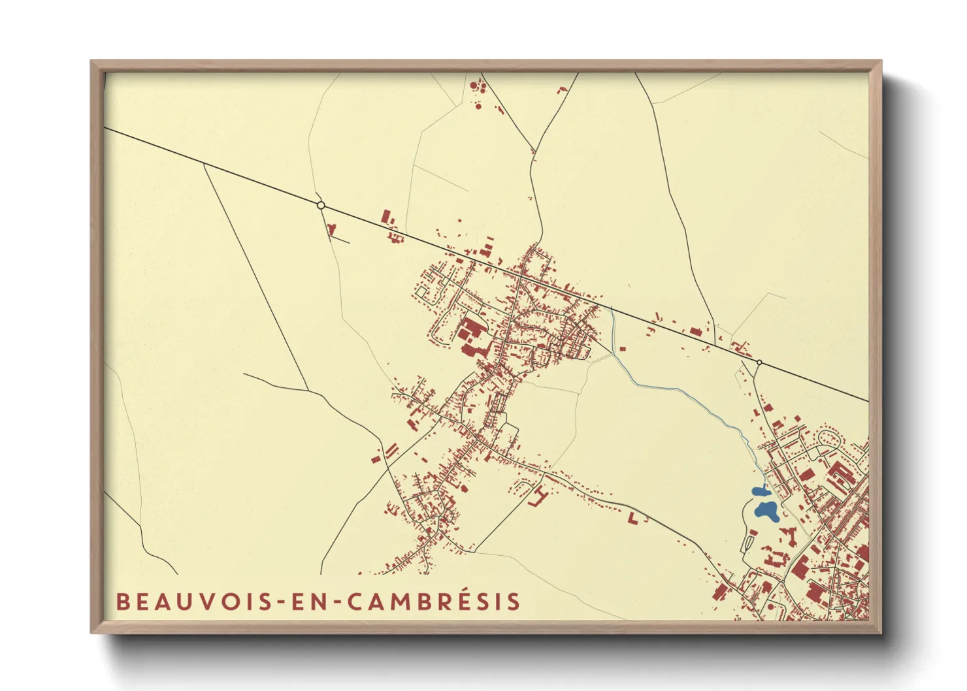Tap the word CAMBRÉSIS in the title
click(x=433, y=602)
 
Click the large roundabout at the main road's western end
click(x=321, y=205)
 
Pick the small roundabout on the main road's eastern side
click(x=759, y=362)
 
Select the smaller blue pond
click(x=759, y=491)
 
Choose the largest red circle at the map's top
click(x=478, y=105)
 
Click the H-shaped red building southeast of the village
click(x=538, y=496)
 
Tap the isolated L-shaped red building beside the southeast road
click(x=634, y=518)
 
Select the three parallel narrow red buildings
click(x=391, y=451)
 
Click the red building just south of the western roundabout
click(x=331, y=229)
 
